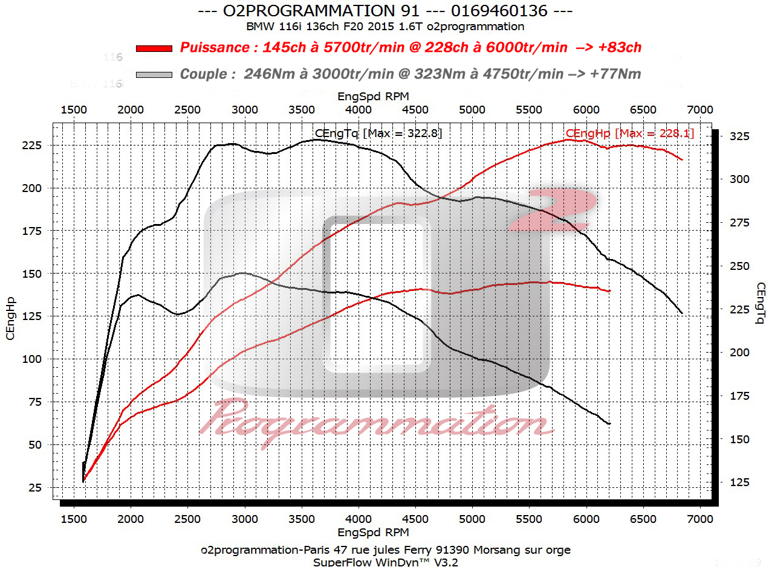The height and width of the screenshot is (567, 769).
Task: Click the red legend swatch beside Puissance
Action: click(154, 48)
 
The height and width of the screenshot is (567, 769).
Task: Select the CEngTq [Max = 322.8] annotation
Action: click(378, 133)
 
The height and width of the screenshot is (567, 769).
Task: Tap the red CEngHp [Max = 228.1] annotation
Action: click(630, 133)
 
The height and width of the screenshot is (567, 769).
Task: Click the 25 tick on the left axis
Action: click(34, 488)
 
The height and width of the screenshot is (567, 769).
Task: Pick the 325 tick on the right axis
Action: click(738, 137)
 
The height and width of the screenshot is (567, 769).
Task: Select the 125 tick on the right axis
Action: click(738, 482)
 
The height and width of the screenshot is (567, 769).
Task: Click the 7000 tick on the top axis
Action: click(700, 109)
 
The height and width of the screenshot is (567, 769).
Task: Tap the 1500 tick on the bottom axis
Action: click(74, 519)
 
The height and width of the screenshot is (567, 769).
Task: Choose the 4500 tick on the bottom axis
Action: click(415, 519)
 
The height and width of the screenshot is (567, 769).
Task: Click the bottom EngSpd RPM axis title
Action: click(373, 533)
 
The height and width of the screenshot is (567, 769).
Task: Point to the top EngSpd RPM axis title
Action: click(373, 95)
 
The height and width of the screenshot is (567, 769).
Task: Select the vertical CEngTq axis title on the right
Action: click(759, 304)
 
